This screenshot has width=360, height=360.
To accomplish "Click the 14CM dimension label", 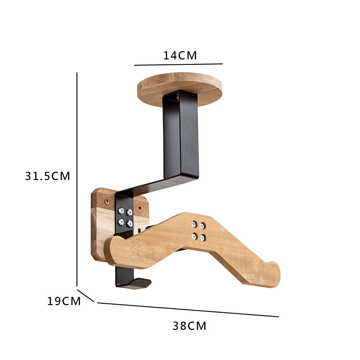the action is click(180, 55).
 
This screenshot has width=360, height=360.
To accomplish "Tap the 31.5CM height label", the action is click(48, 176).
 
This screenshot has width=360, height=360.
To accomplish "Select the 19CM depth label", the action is click(64, 301).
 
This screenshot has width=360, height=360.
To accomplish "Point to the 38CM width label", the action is click(189, 326).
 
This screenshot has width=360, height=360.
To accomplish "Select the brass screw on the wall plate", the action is click(107, 202).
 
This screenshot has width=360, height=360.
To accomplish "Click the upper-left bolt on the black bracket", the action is click(121, 211).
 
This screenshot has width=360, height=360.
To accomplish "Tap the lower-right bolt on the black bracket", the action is click(130, 223).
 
